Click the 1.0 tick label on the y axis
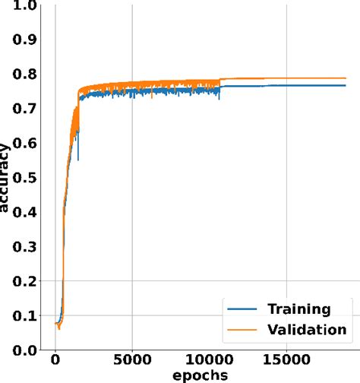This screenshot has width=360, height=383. [25, 7]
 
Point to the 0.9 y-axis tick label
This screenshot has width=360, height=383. [25, 40]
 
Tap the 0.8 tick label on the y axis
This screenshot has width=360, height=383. [25, 74]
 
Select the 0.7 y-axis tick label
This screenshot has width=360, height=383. [25, 109]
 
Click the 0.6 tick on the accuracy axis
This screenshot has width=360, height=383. [25, 144]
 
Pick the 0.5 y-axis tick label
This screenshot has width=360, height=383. [25, 178]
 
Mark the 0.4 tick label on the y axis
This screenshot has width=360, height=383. [25, 212]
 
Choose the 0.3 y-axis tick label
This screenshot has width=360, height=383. [25, 247]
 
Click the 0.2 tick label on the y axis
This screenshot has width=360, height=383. [25, 281]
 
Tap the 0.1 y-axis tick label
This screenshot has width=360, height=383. [25, 315]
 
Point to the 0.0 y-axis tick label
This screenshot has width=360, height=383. [25, 350]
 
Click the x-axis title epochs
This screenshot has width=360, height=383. [200, 377]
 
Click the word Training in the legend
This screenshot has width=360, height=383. [298, 309]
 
